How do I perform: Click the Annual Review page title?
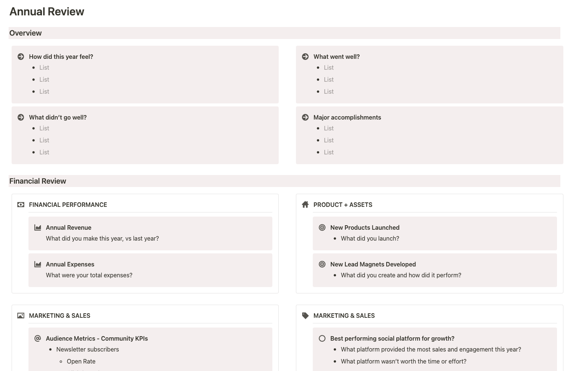click(x=47, y=12)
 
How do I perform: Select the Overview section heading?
click(x=25, y=33)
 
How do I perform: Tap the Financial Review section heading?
click(x=37, y=181)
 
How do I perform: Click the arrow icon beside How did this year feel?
click(x=21, y=57)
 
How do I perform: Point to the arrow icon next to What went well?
click(x=305, y=57)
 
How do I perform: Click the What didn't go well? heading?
click(x=58, y=117)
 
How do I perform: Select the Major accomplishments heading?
click(x=347, y=117)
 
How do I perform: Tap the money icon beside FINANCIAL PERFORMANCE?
click(x=21, y=205)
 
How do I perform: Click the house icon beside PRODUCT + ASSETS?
click(x=305, y=205)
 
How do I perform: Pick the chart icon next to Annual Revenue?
click(x=38, y=227)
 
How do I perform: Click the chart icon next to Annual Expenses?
click(x=38, y=264)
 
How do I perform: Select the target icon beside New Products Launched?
click(x=322, y=227)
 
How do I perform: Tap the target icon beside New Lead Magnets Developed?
click(x=322, y=264)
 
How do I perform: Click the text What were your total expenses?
click(x=89, y=275)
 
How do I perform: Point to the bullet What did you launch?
click(x=370, y=238)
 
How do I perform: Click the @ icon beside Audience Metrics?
click(x=38, y=338)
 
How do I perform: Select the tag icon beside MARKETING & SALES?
click(x=305, y=316)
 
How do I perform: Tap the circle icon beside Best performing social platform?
click(x=322, y=338)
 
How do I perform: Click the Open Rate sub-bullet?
click(x=81, y=361)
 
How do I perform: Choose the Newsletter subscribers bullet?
click(x=87, y=349)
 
